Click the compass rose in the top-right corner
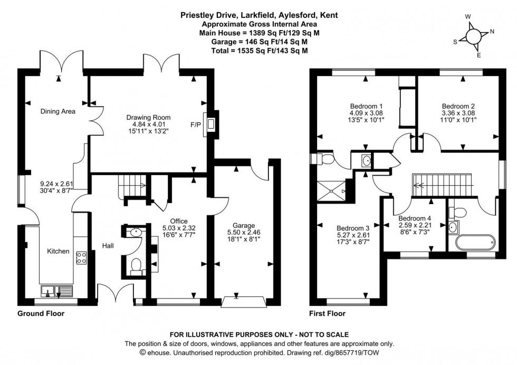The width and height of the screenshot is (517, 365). point(473,35)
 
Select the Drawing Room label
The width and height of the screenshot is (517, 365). point(148,117)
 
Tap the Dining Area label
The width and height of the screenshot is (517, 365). point(58,111)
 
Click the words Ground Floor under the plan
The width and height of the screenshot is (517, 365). point(41,313)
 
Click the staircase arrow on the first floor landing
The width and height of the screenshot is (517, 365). point(420,185)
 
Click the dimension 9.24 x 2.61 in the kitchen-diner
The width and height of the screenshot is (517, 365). point(56,184)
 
